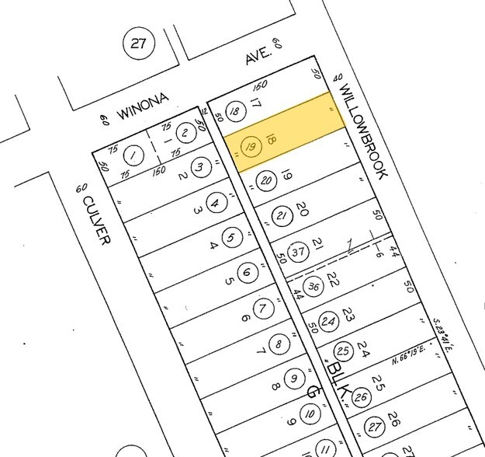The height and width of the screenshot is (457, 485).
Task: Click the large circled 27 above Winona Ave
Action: point(138,44)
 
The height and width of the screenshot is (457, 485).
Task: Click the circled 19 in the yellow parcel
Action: point(250,146)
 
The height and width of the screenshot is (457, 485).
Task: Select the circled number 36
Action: point(313,286)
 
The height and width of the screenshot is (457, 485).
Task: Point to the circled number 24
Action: point(328,320)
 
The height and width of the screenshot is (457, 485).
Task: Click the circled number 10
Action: point(310,414)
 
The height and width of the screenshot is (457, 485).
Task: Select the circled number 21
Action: point(282,216)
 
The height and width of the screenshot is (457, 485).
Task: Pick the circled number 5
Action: point(230,238)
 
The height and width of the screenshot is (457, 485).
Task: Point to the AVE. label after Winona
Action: point(257,56)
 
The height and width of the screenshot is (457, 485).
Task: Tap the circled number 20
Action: point(266,181)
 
